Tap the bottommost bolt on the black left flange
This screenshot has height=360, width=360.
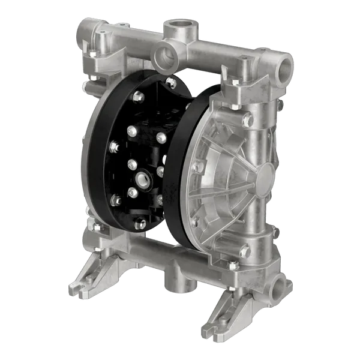pyautogui.click(x=141, y=224)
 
